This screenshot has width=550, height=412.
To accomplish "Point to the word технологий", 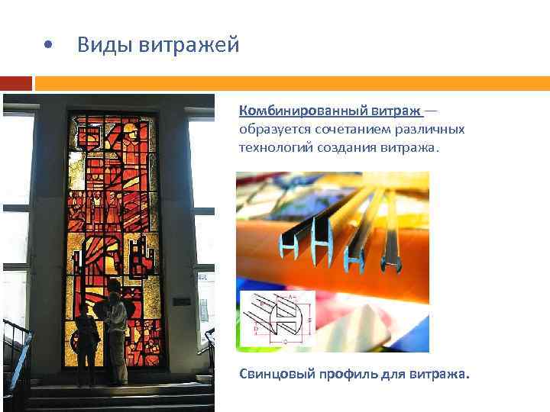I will point(272,146).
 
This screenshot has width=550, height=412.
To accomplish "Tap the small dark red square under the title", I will point(16,82).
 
